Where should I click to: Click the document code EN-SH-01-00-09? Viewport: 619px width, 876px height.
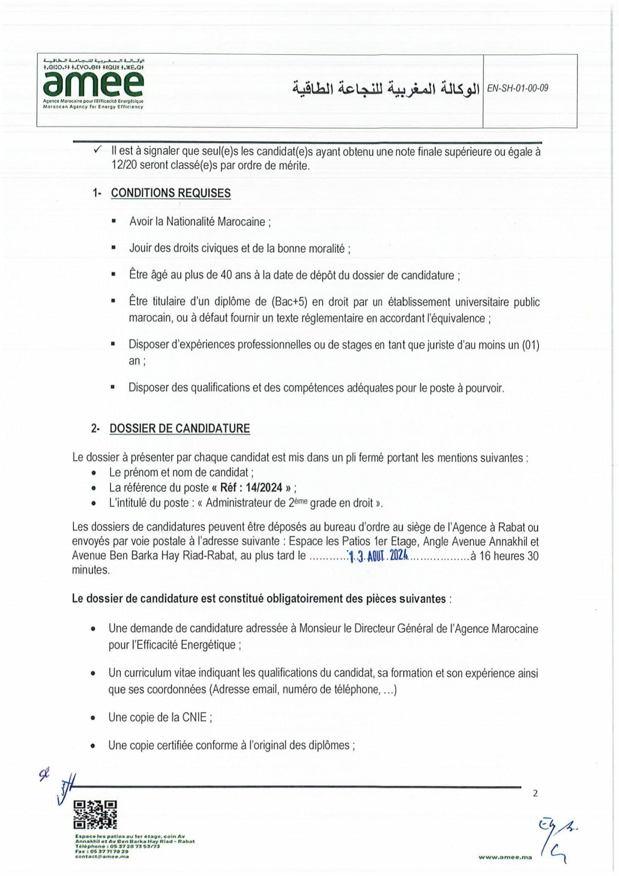[518, 89]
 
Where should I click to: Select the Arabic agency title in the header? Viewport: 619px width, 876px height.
[386, 89]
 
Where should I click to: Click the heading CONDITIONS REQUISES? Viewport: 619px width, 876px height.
[171, 193]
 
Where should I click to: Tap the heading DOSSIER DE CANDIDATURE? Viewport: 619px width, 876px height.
[180, 429]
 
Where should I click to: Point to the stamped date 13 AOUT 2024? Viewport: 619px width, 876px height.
[378, 556]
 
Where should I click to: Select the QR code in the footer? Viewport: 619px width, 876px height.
[95, 814]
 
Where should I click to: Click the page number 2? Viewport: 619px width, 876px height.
[535, 793]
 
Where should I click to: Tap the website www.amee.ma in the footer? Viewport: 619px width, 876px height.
[505, 857]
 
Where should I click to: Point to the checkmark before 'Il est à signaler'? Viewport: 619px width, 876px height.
[98, 150]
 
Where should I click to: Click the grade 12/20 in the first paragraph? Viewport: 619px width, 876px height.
[124, 166]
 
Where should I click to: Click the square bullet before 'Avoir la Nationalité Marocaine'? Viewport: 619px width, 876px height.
[113, 222]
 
